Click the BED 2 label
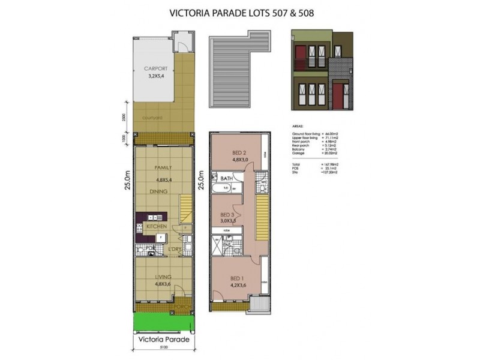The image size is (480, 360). [239, 152]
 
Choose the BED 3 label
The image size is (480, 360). [227, 214]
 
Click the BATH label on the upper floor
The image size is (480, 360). [226, 178]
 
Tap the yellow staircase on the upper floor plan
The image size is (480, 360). [262, 220]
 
